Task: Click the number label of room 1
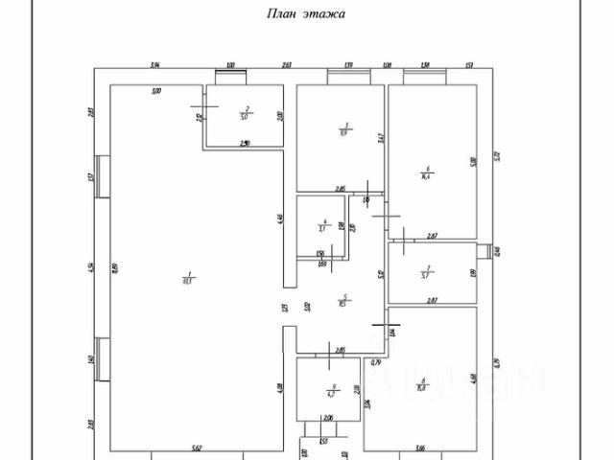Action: [x=188, y=277]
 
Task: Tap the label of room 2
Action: [x=246, y=113]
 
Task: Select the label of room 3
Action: [x=344, y=129]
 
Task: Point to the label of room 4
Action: [x=325, y=225]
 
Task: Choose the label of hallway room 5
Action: [x=343, y=300]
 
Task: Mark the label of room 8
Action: [x=422, y=385]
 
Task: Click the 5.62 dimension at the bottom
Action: [x=195, y=447]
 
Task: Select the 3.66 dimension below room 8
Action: [x=420, y=447]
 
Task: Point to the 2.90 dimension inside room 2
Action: [x=245, y=144]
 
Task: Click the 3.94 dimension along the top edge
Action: [x=153, y=65]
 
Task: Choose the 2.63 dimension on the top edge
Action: [x=286, y=65]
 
